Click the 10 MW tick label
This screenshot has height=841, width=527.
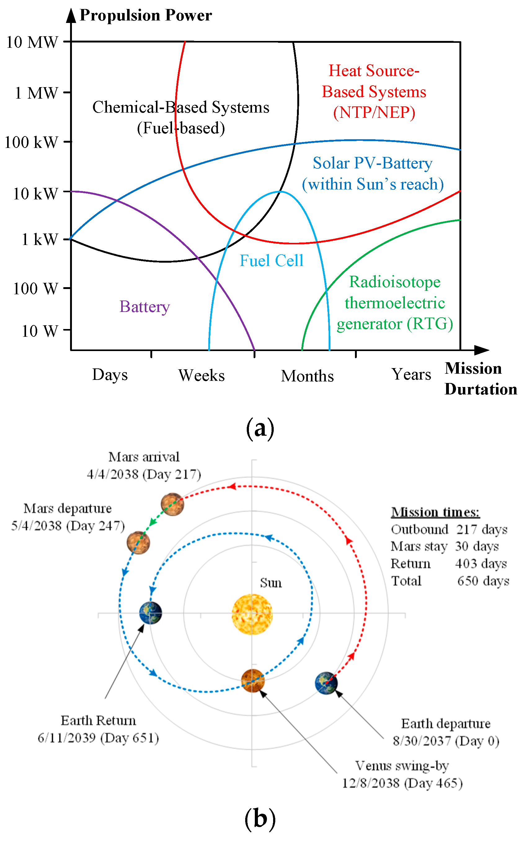click(32, 42)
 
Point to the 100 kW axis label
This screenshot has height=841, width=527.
click(31, 142)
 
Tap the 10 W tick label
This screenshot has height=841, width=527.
click(40, 331)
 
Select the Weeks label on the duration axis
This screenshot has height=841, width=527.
click(201, 376)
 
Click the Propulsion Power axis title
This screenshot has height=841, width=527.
click(146, 15)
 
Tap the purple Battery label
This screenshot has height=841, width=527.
click(145, 307)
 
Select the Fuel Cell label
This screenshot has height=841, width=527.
click(272, 260)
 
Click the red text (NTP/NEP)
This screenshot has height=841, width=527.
click(374, 113)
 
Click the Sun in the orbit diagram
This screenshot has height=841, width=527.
click(252, 614)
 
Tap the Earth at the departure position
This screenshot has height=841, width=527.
click(326, 683)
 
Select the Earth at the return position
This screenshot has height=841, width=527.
click(151, 613)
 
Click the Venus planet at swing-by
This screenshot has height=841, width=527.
click(253, 680)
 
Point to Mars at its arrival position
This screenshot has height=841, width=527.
click(172, 504)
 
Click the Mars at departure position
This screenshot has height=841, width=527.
click(138, 543)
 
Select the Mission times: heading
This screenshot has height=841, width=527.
click(435, 512)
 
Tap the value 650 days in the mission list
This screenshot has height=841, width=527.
click(483, 581)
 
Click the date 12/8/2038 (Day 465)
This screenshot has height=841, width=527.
click(402, 783)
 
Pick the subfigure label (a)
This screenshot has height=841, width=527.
click(260, 428)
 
